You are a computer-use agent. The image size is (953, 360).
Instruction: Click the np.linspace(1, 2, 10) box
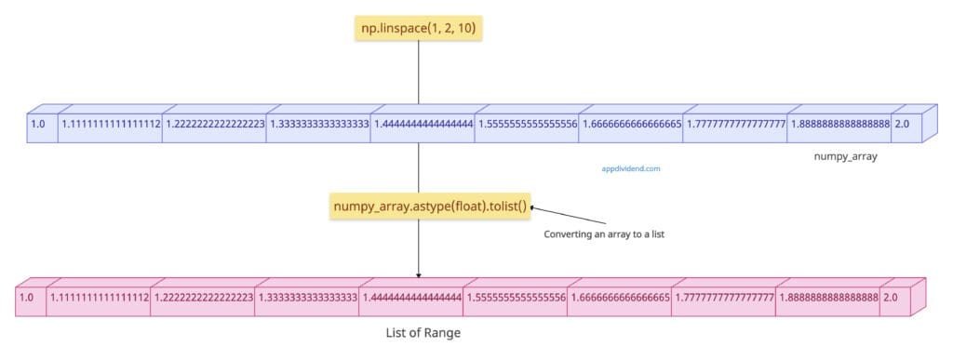(418, 29)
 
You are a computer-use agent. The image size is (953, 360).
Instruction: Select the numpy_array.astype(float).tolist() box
(430, 206)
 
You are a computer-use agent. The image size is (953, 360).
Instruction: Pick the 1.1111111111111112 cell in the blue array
(110, 124)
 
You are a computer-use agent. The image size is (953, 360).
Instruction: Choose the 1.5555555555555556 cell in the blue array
(527, 124)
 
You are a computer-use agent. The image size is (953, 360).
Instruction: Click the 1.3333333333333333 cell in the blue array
(318, 124)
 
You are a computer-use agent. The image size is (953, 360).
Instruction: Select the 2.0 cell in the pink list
(893, 298)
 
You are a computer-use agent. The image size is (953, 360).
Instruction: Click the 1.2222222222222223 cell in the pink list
(203, 298)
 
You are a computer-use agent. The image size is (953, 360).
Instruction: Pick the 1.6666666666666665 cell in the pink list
(619, 298)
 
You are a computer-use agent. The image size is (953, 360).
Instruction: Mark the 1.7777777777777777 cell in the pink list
(723, 298)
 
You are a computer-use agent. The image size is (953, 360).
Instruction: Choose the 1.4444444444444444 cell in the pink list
(410, 298)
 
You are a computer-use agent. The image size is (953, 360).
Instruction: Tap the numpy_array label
(845, 157)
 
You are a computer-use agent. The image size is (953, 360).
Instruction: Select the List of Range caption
(423, 332)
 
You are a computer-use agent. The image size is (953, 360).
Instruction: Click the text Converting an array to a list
(603, 234)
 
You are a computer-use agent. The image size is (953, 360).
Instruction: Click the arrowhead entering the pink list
(418, 274)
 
